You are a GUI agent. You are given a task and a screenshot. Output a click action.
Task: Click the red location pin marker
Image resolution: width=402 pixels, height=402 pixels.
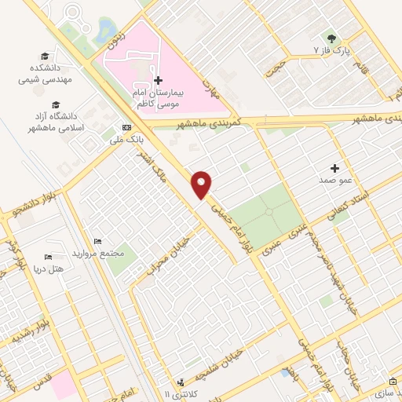[202, 184]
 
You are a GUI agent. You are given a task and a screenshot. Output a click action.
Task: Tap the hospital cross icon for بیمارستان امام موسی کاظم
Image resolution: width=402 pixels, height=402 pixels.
[158, 80]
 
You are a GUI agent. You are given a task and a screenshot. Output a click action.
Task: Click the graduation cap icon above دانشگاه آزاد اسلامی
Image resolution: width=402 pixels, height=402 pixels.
[56, 104]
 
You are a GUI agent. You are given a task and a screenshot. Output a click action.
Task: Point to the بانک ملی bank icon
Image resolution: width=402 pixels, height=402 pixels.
[127, 128]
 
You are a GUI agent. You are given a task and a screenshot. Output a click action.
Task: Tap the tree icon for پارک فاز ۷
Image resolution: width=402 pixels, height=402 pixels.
[332, 38]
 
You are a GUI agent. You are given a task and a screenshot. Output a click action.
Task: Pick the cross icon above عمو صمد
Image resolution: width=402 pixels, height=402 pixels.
[335, 168]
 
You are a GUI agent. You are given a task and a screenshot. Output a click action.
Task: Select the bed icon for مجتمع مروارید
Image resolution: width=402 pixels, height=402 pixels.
[97, 241]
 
